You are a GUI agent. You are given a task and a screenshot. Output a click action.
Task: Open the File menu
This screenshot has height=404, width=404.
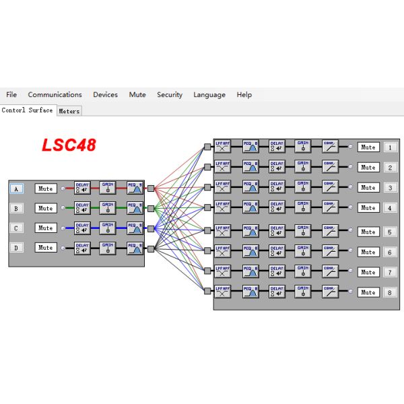11,95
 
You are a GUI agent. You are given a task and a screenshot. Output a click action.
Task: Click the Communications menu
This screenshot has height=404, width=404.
55,95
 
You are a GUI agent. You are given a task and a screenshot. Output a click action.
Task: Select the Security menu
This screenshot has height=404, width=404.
170,95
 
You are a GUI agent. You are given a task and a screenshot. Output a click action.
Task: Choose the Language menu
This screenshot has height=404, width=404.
209,95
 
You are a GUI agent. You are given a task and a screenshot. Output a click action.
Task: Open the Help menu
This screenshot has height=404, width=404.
244,95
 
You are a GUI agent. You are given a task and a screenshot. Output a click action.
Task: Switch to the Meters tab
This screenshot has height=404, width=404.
69,111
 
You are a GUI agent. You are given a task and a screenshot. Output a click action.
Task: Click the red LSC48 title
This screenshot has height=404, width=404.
69,145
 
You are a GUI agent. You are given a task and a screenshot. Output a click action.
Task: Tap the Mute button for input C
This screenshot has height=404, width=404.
45,228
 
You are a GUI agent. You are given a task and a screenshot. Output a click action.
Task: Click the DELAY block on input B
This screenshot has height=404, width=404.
82,208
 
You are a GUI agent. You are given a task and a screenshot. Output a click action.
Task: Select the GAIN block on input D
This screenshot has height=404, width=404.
108,248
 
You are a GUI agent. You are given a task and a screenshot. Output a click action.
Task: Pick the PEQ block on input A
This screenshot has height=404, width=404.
135,189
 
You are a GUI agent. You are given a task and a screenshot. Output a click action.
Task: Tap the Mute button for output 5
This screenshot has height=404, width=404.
368,232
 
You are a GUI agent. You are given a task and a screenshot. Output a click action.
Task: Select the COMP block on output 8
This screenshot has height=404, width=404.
330,293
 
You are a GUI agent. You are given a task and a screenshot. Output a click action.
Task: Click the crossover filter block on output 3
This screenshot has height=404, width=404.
223,187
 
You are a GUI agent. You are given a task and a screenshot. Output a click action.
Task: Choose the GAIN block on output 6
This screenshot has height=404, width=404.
303,252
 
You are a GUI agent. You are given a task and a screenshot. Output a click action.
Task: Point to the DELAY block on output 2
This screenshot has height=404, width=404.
277,167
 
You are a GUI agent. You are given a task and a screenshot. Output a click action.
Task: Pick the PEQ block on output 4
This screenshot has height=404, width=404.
250,207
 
